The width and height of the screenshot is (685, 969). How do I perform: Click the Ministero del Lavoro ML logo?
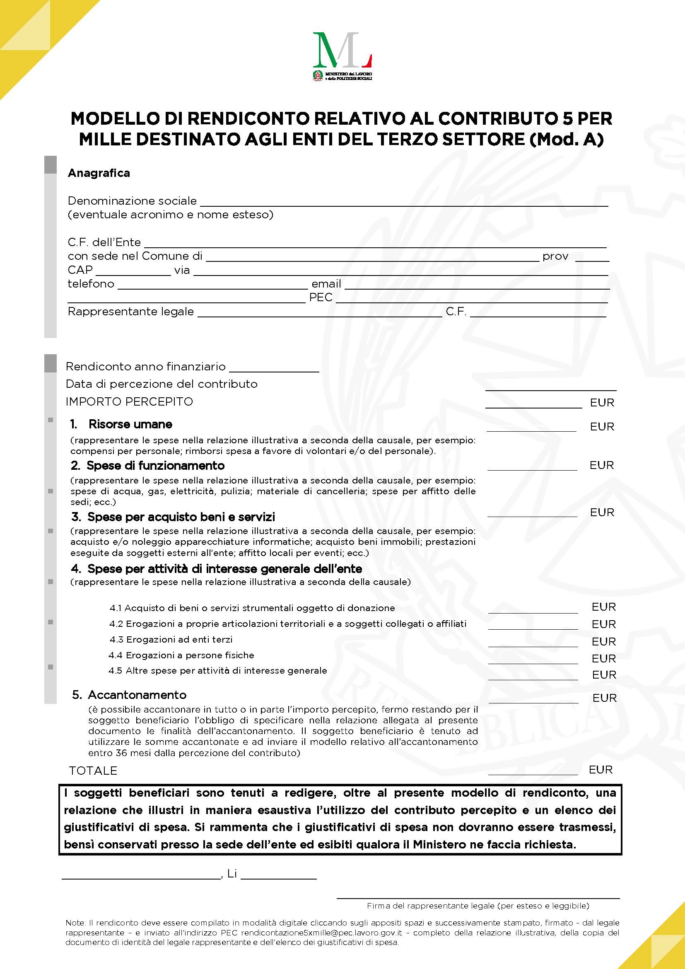[x=342, y=55]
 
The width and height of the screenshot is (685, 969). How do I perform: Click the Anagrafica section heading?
[x=99, y=173]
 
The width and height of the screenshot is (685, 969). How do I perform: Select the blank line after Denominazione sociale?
[x=404, y=203]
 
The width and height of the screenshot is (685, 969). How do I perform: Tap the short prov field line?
[x=592, y=259]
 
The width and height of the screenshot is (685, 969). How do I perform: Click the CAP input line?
[x=133, y=272]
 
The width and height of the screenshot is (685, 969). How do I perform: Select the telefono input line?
[x=212, y=286]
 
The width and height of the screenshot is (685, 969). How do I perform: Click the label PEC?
[x=321, y=297]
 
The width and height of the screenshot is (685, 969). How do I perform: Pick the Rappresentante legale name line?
[x=319, y=314]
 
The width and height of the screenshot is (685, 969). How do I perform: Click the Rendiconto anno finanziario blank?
[x=274, y=369]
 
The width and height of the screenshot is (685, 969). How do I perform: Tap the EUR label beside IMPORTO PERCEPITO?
[x=602, y=403]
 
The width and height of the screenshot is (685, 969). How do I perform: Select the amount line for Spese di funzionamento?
[x=532, y=467]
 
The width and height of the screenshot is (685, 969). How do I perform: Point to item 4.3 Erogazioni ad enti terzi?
[x=171, y=639]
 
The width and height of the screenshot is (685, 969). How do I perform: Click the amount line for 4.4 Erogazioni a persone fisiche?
[x=533, y=661]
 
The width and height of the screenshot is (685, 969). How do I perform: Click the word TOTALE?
[x=93, y=771]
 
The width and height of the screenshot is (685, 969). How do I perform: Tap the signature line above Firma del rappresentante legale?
[x=478, y=898]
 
